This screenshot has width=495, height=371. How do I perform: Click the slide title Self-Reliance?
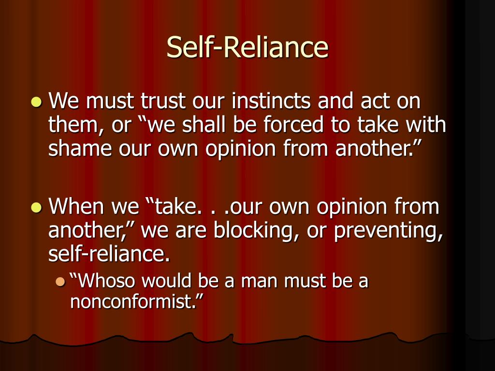coord(247,47)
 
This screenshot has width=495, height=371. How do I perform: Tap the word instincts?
coord(272,102)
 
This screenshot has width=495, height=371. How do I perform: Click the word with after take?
coord(425,125)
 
